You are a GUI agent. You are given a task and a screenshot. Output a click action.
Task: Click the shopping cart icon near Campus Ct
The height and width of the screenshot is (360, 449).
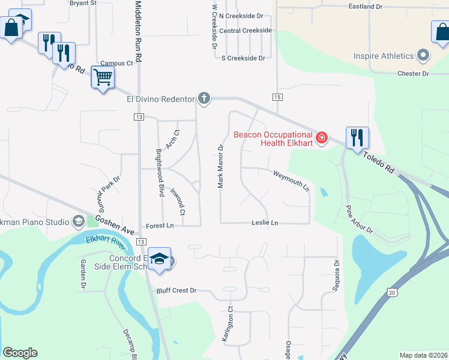pos(103,77)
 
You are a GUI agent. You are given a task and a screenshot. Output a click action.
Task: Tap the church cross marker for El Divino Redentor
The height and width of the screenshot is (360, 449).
pos(204,98)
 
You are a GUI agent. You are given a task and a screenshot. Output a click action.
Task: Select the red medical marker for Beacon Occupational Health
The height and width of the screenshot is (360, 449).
pos(322,138)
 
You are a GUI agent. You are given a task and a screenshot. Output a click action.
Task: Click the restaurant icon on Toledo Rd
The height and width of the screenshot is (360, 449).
pos(357,137)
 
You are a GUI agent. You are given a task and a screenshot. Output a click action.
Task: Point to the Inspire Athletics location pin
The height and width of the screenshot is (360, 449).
pos(424,56)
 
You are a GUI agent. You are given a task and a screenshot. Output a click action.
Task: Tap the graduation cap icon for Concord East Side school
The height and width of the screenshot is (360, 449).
pos(159,259)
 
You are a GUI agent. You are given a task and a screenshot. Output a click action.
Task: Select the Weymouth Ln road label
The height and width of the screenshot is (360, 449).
pos(291,180)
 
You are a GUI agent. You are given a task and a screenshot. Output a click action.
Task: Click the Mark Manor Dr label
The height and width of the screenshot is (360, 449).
pos(221,166)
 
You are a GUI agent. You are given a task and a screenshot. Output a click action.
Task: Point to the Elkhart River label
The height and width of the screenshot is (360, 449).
pos(106,246)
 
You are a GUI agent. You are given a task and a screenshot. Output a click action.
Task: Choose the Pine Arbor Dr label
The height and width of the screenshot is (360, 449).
pos(358,220)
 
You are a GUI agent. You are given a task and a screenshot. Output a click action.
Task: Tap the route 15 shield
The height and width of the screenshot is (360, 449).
pos(277,97)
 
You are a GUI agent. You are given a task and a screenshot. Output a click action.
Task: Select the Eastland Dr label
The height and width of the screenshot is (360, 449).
pos(366,7)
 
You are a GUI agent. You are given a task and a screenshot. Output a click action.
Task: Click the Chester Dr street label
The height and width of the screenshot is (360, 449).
pos(413,74)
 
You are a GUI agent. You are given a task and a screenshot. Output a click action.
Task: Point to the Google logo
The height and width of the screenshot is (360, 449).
pos(20,353)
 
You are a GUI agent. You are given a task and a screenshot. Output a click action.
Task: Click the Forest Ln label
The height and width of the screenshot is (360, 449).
pos(160,226)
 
